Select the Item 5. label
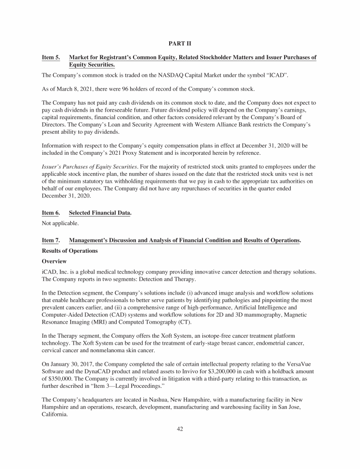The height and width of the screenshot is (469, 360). [51, 58]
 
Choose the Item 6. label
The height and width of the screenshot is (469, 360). [51, 212]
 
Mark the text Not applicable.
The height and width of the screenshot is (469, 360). [60, 224]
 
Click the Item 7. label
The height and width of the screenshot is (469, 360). [51, 240]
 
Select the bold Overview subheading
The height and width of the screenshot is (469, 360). [54, 261]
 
